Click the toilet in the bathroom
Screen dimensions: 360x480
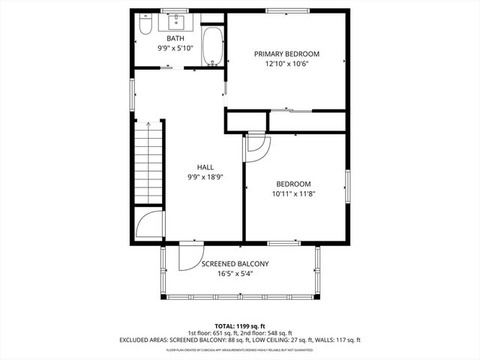(x=146, y=27)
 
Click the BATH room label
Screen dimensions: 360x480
(x=175, y=38)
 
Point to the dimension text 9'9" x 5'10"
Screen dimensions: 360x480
(x=175, y=48)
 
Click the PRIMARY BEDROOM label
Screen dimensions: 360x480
(x=286, y=54)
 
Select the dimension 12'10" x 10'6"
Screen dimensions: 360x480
(x=286, y=64)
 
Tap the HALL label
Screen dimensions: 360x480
(x=205, y=167)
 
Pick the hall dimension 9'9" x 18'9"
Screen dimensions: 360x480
(x=205, y=177)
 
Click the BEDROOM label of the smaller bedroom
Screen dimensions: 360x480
(x=293, y=184)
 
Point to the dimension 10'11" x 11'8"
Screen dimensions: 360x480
(x=293, y=193)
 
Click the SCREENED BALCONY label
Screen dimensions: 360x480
(x=234, y=264)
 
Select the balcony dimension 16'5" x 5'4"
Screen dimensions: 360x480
(x=234, y=274)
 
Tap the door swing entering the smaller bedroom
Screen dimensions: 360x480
(x=257, y=147)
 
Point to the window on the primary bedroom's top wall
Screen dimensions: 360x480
(x=286, y=10)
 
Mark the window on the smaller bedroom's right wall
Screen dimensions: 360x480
(x=347, y=186)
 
